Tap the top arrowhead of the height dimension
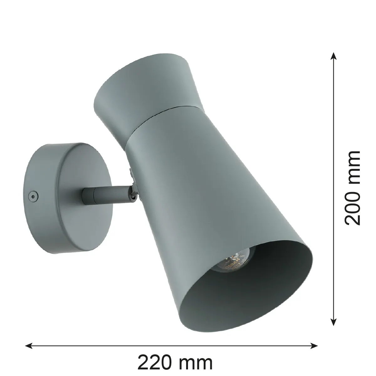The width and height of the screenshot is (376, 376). (x=334, y=55)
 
